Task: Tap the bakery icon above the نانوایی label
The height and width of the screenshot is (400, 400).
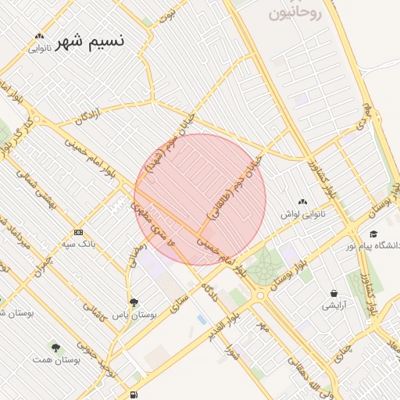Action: point(40,36)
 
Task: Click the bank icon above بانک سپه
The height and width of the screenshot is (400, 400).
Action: point(78,232)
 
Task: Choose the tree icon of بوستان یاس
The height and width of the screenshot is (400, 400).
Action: point(134,301)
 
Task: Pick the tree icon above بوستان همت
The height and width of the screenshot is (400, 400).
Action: point(55,347)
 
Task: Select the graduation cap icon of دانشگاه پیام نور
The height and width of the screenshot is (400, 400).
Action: point(373,234)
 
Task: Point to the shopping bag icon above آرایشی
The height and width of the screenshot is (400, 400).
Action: point(334,293)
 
